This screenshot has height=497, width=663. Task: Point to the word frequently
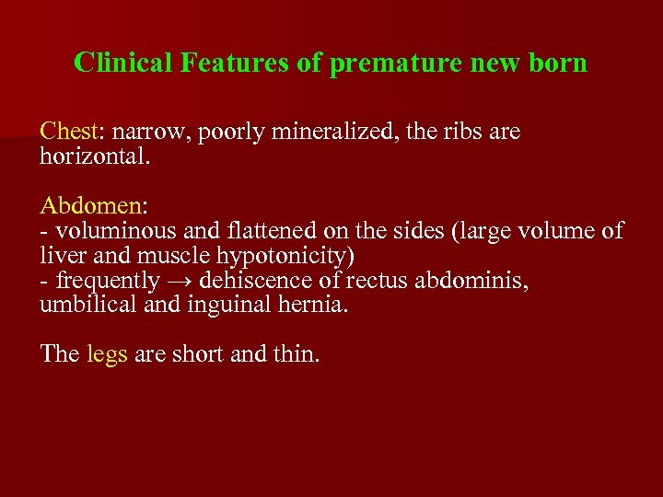(98, 280)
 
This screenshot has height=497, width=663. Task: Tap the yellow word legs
(107, 354)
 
